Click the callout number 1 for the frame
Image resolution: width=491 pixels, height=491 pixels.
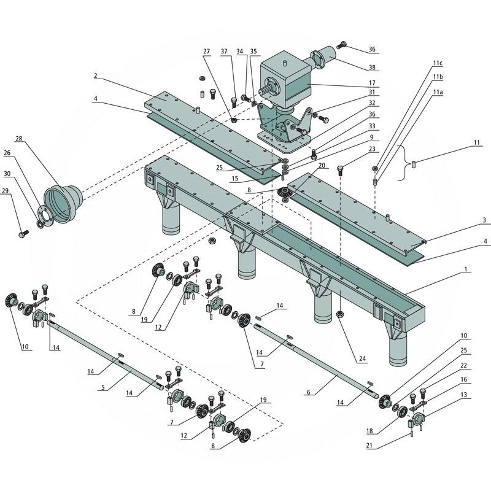(466, 269)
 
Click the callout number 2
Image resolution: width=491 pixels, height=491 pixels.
(96, 76)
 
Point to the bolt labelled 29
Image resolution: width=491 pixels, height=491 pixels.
(24, 234)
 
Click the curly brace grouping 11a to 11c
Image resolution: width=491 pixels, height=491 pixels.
(401, 163)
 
